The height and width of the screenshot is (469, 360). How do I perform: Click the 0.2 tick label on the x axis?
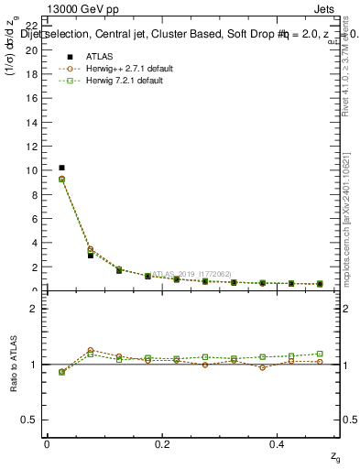click(162, 443)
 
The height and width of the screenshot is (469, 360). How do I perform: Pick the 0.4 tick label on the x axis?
click(278, 443)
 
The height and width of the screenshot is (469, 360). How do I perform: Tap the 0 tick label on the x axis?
click(47, 443)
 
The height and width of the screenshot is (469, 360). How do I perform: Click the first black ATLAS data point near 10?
click(61, 168)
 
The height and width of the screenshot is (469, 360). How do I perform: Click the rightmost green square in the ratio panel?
click(320, 354)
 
